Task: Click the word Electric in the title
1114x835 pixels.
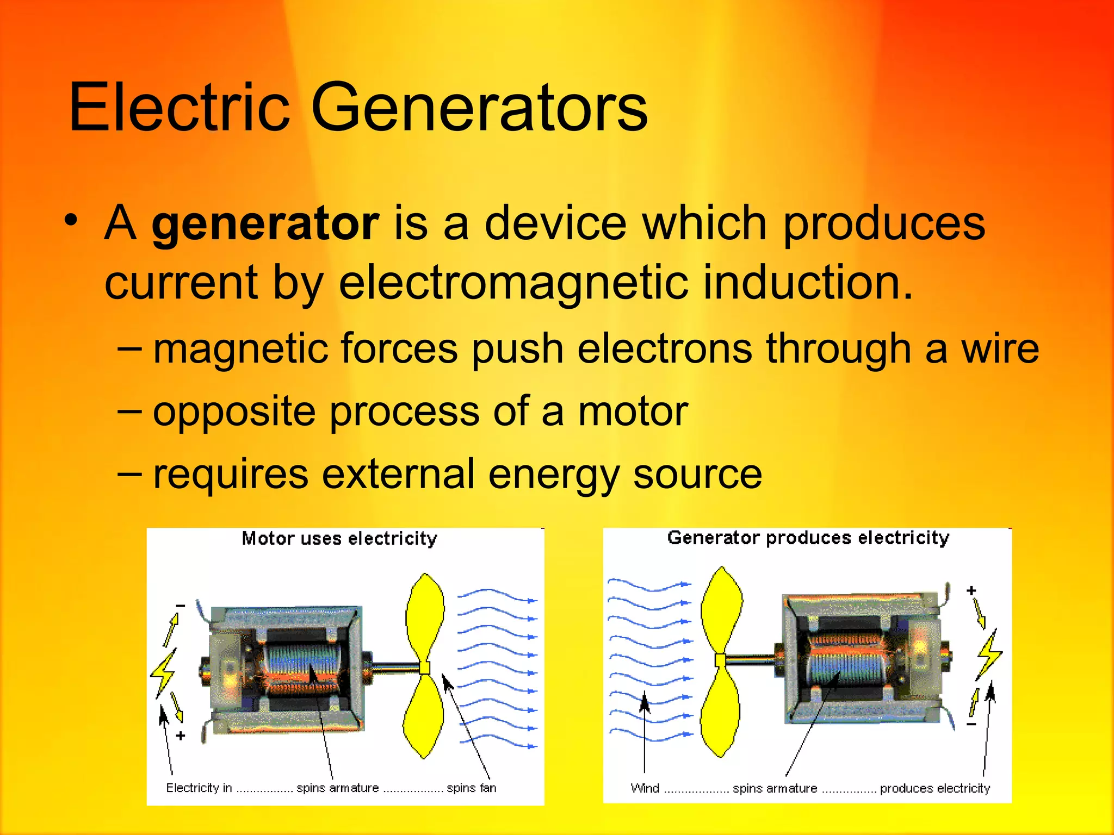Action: coord(180,107)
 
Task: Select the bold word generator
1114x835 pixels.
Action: coord(265,224)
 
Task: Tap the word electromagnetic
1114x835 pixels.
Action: coord(513,283)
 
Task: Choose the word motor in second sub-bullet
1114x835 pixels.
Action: coord(633,412)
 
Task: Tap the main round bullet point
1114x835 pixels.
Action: coord(71,221)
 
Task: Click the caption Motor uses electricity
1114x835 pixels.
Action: coord(339,539)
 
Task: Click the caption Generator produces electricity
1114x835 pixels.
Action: coord(808,538)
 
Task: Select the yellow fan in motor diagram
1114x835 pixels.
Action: coord(424,666)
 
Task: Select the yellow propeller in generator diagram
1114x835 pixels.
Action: coord(721,662)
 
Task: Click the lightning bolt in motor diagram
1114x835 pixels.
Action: coord(163,672)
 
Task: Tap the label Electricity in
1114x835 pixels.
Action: coord(199,788)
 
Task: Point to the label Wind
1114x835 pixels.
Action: coord(645,788)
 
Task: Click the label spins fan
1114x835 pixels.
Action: coord(471,788)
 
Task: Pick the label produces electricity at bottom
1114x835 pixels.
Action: coord(934,788)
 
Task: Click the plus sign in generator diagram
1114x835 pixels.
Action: coord(971,590)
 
